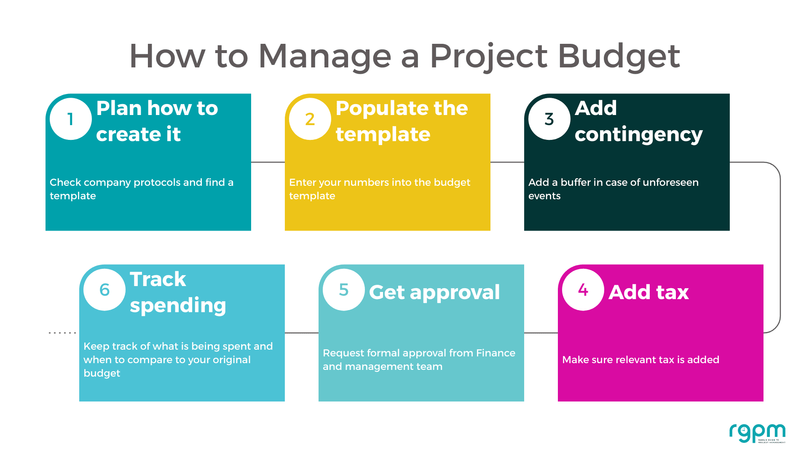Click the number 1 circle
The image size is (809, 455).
coord(71,119)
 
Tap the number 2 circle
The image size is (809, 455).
coord(310,119)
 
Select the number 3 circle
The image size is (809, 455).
coord(549,119)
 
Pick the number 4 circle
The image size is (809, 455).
coord(583,290)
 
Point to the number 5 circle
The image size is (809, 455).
coord(344,290)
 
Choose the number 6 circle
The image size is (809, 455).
coord(104,290)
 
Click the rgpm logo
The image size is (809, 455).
coord(758,434)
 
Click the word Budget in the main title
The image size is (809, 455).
coord(619,56)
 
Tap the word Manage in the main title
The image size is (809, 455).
coord(325,56)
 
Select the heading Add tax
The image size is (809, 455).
coord(649,292)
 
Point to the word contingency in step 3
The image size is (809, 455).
coord(639,135)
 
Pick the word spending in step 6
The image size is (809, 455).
coord(178,305)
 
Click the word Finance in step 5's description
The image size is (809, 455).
coord(496,353)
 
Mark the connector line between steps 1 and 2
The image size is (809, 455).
coord(268,162)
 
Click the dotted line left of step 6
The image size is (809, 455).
coord(62,333)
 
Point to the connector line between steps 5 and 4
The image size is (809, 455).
coord(541,333)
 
